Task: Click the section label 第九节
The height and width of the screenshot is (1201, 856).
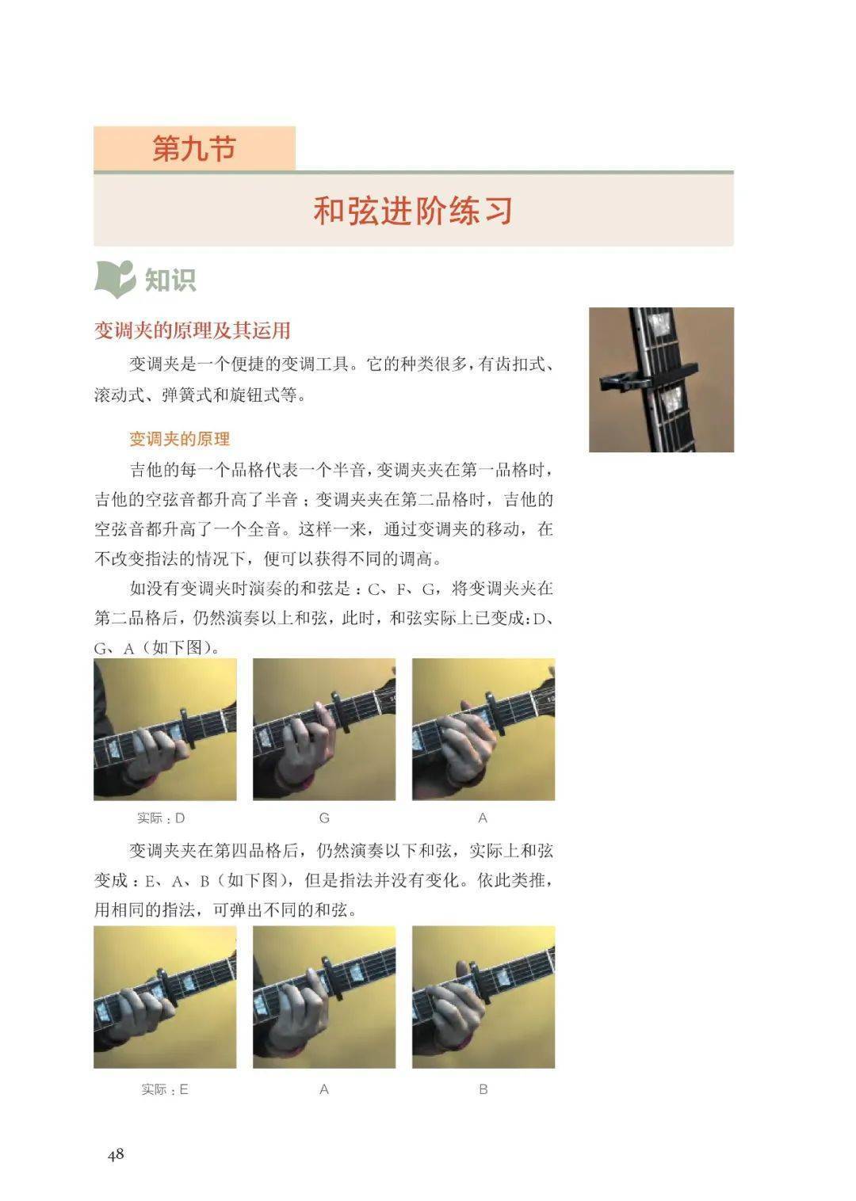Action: [x=194, y=148]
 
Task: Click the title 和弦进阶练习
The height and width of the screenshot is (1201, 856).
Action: [x=413, y=211]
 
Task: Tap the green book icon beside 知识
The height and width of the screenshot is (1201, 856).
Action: [x=114, y=279]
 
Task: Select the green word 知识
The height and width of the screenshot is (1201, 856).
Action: [x=170, y=280]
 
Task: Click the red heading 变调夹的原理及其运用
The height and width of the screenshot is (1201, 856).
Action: [x=193, y=330]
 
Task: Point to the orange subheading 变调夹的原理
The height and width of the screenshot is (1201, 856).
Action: [x=180, y=439]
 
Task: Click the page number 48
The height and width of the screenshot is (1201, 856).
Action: [x=116, y=1153]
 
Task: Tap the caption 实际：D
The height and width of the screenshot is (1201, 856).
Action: [x=161, y=818]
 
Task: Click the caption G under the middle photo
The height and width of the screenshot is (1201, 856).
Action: [x=324, y=818]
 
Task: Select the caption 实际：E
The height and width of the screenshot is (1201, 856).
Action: [x=165, y=1089]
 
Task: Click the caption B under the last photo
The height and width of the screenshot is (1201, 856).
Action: [x=483, y=1089]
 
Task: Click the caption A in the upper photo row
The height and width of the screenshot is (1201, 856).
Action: [x=483, y=818]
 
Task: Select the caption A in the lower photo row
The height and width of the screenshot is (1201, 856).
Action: [x=324, y=1089]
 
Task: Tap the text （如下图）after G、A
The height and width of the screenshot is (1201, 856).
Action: [x=180, y=648]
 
